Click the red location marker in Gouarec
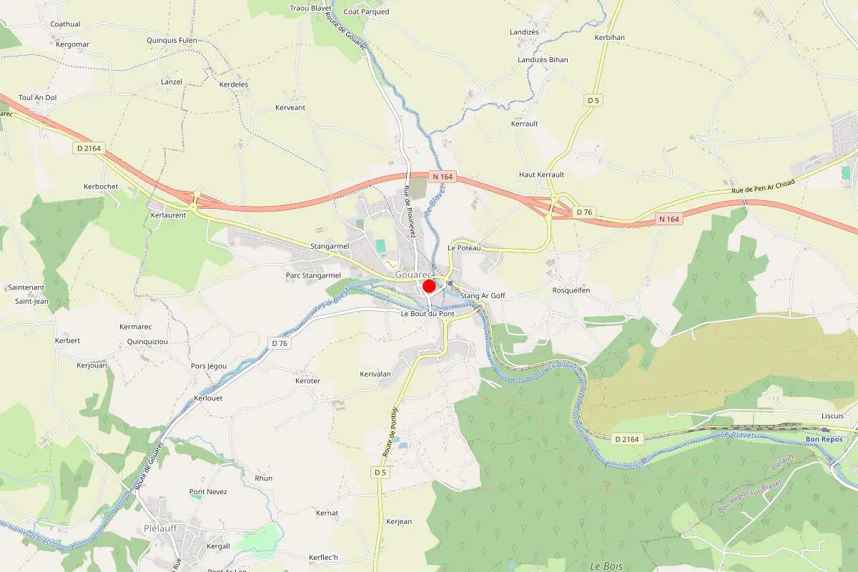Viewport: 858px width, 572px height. [429, 287]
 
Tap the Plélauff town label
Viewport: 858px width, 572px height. [160, 528]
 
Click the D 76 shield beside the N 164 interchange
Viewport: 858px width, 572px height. [584, 212]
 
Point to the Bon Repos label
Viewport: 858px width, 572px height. [824, 439]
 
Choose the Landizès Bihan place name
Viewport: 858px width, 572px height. [543, 60]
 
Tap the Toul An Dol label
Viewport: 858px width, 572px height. [37, 97]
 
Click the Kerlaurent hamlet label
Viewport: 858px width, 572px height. [169, 214]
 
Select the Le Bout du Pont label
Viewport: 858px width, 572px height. [427, 314]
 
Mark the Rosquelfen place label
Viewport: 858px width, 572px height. [571, 290]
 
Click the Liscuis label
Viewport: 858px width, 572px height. [832, 415]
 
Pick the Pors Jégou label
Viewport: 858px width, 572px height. [209, 366]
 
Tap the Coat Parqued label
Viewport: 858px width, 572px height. [366, 11]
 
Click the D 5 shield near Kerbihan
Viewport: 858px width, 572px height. [593, 100]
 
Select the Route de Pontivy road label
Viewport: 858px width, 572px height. [389, 432]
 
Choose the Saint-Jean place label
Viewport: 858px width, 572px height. [31, 301]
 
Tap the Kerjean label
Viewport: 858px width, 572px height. [398, 521]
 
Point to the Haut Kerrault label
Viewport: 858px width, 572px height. [541, 174]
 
